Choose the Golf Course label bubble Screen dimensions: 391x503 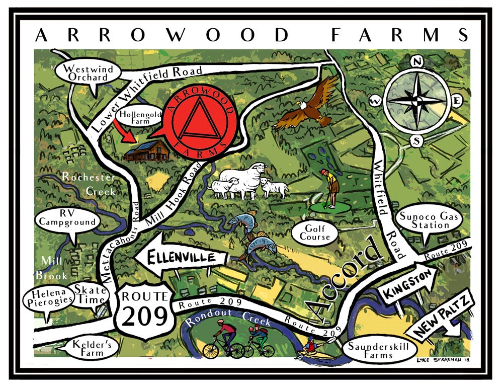tap(315, 232)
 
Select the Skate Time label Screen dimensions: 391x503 tap(91, 294)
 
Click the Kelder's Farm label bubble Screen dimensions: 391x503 tap(92, 347)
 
